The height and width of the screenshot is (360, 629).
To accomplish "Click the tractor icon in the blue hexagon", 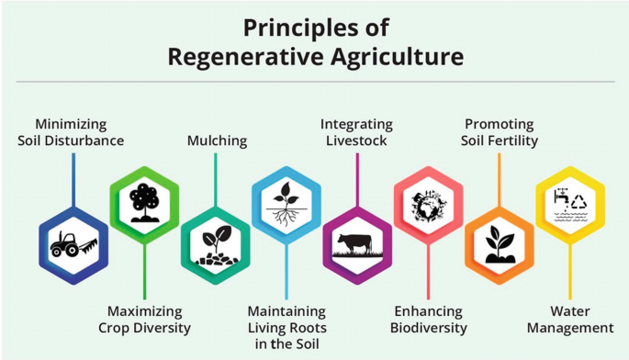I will (x=73, y=245).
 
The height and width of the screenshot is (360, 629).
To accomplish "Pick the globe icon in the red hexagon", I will (x=428, y=204).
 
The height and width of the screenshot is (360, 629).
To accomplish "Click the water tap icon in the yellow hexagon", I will (x=559, y=197).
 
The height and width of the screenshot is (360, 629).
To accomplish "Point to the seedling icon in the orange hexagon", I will (x=500, y=245).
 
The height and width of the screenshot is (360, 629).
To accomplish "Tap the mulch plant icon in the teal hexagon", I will (x=215, y=245).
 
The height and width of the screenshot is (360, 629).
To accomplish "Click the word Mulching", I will (x=217, y=141).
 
